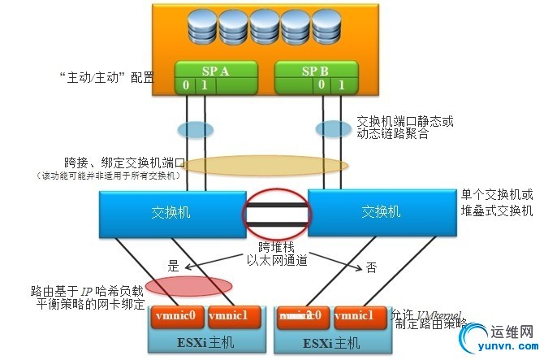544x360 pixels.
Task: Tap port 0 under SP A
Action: coord(186,85)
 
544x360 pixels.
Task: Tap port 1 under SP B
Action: coord(342,85)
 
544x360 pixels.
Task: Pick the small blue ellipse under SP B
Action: coord(332,128)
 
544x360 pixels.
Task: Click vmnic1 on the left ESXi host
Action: coord(233,315)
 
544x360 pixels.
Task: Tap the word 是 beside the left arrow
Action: coord(172,266)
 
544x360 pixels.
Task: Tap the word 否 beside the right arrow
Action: coord(370,266)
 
